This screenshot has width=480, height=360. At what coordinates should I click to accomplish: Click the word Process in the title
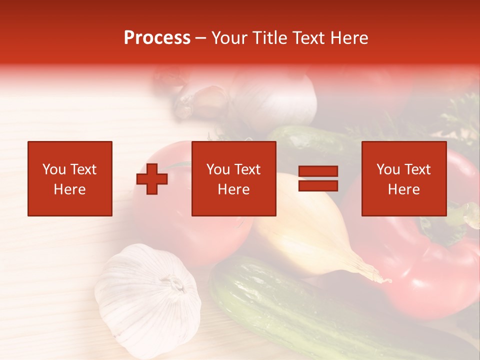coord(157,38)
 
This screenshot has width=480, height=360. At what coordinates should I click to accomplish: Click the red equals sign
coord(318,179)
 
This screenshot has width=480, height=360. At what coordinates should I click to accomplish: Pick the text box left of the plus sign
coord(70,178)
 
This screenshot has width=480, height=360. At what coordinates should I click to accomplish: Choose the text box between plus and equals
coord(233,178)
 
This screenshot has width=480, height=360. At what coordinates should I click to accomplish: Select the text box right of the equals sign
coord(403,178)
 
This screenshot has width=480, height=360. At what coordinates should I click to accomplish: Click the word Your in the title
coord(230,38)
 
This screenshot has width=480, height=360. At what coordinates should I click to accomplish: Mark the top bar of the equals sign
coord(318,171)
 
